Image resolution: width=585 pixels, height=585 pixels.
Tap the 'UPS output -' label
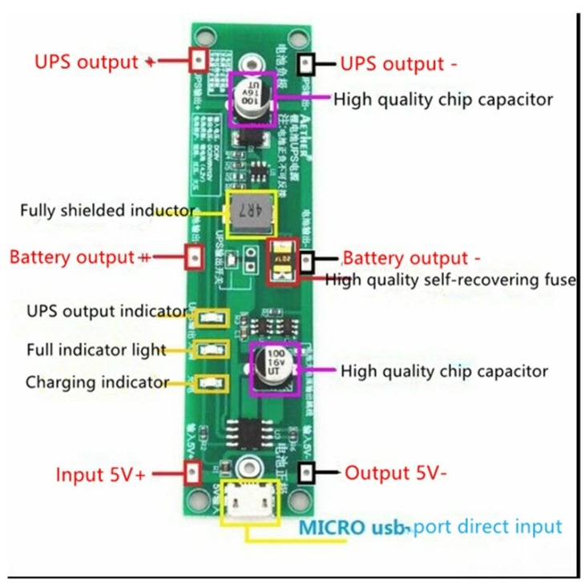[393, 63]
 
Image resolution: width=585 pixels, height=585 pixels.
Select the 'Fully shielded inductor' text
[107, 211]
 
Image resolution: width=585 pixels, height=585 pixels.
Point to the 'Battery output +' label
[80, 258]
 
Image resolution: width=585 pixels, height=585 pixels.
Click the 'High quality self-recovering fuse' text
[450, 280]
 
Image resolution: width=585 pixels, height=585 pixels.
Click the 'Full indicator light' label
[95, 349]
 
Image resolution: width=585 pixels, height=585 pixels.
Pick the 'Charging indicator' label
[97, 382]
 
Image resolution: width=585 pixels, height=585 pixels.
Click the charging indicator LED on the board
[211, 382]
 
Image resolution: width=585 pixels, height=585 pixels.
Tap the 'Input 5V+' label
[101, 474]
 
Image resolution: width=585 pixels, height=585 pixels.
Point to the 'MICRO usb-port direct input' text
[430, 527]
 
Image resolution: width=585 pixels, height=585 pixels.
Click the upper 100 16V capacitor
[252, 99]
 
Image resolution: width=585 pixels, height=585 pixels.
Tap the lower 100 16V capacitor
[275, 367]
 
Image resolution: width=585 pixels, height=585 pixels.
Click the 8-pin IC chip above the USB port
[252, 433]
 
